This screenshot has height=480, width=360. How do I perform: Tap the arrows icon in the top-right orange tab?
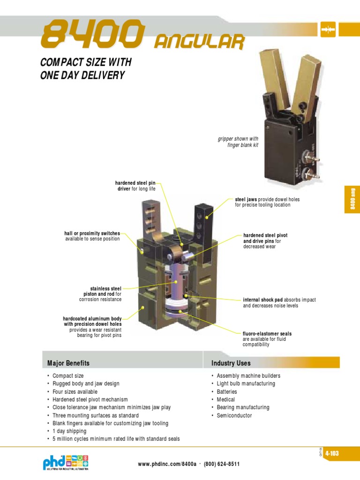point(327,29)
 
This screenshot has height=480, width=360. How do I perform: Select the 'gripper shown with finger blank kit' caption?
point(238,142)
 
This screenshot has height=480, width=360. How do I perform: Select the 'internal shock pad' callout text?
point(270,302)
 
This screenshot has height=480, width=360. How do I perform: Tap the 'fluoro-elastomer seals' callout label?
point(267,339)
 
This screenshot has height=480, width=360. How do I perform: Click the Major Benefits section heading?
point(68,363)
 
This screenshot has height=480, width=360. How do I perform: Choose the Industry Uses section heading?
point(231,363)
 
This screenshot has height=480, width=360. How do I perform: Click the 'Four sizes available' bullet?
point(75,391)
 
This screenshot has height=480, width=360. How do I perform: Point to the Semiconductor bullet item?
point(234,415)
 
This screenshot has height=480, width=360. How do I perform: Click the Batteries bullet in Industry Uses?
point(227,391)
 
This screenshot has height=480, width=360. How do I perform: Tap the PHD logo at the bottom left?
point(65,462)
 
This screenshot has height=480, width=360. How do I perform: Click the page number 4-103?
point(331,453)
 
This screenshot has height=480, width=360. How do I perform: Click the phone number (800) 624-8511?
point(222,464)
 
